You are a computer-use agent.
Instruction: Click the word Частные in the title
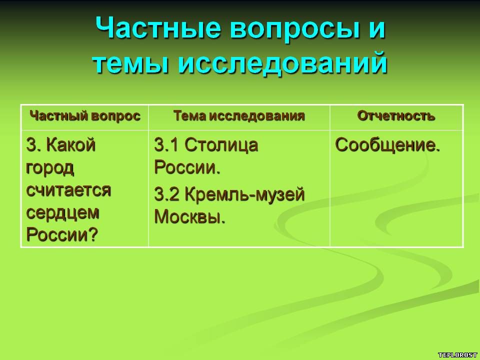point(158,27)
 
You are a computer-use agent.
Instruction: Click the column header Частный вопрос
point(85,116)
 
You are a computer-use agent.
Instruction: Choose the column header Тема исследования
point(239,116)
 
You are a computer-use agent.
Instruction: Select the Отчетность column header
point(396,116)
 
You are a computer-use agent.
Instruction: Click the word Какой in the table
point(71,144)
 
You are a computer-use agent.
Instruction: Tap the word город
point(50,168)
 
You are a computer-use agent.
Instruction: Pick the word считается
point(68,190)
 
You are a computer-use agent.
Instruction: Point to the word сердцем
point(63,213)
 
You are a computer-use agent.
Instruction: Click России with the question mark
point(62,234)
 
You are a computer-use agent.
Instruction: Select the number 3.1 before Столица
point(166,145)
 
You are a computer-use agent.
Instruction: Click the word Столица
point(221,145)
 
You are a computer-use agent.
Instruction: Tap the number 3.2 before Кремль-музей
point(166,194)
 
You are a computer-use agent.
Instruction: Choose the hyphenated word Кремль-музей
point(244,195)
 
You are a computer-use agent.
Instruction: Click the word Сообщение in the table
point(387,145)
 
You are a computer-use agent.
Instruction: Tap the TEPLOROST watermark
point(457,355)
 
